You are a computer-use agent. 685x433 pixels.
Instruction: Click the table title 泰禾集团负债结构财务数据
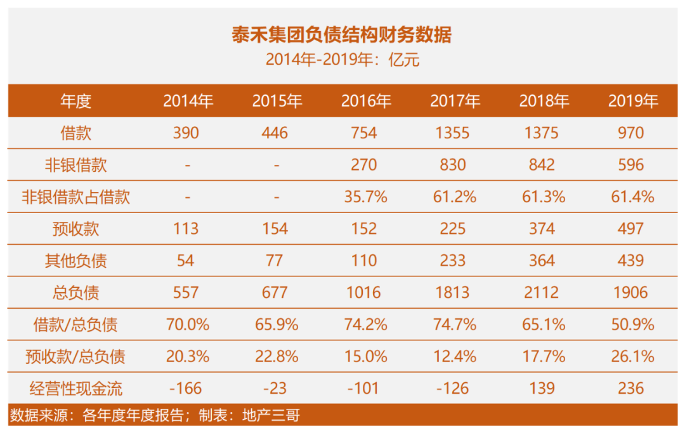[342, 34]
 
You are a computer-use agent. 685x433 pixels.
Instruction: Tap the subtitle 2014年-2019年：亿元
[342, 60]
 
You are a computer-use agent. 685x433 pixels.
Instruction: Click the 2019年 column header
[632, 101]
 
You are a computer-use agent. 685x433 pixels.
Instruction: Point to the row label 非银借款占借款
[75, 197]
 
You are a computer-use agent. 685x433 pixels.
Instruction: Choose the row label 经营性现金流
[75, 388]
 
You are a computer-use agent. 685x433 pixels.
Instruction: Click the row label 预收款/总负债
[75, 356]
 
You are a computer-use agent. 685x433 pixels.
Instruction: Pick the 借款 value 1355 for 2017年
[452, 133]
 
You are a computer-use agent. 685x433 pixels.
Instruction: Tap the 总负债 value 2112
[542, 292]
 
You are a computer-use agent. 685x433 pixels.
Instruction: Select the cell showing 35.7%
[365, 197]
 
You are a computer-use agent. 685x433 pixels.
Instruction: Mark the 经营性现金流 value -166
[186, 388]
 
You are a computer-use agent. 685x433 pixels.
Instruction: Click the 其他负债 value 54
[186, 261]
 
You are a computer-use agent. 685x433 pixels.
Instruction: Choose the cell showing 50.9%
[632, 325]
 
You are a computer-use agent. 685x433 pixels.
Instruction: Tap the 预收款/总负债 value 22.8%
[276, 356]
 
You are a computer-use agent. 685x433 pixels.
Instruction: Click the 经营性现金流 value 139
[542, 388]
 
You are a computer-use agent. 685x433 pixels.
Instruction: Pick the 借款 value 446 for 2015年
[275, 133]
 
